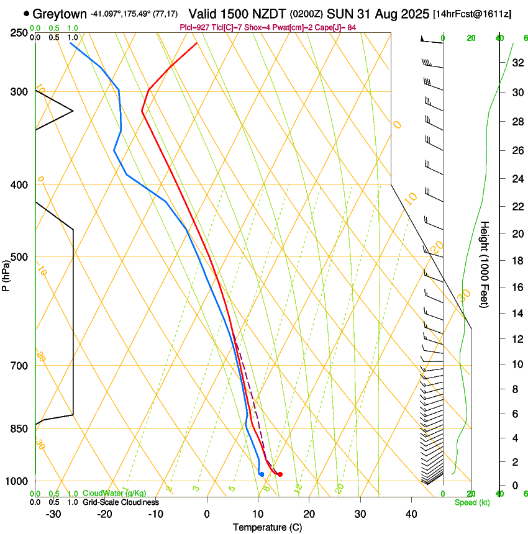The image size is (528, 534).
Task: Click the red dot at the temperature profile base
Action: pos(280,474)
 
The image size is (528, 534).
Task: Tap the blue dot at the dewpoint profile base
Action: pos(262,474)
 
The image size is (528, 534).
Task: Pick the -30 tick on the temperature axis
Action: pos(53,514)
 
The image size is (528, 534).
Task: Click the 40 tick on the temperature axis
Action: pos(411,514)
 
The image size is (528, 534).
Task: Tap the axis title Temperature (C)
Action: pos(268,527)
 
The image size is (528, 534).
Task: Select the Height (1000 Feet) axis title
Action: pos(485,264)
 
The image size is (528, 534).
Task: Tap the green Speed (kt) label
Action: pos(472,502)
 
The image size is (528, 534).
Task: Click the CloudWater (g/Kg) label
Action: pos(114,494)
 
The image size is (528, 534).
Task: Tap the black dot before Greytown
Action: pos(26,13)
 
